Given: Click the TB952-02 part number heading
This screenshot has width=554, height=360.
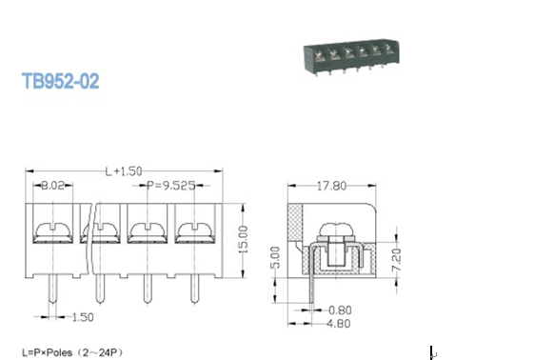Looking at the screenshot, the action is click(60, 81).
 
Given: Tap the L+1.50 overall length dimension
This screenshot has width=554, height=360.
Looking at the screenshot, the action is click(124, 171).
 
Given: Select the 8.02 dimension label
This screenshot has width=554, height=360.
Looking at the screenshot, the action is click(53, 186).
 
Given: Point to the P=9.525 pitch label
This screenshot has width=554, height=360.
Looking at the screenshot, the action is click(171, 186).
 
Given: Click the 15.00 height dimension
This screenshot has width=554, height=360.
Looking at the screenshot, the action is click(243, 239).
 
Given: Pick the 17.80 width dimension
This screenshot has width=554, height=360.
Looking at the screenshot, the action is click(331, 186).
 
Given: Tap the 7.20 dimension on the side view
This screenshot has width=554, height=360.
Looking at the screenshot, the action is click(396, 260).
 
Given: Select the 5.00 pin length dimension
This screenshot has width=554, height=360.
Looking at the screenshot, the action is click(275, 257).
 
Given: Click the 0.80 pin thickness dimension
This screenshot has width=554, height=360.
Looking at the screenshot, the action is click(340, 310).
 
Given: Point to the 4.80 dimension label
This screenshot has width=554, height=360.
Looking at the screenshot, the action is click(339, 324).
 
